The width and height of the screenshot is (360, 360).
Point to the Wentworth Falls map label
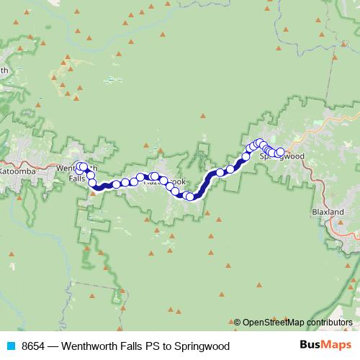[73, 173]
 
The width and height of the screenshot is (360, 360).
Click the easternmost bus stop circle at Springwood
[280, 153]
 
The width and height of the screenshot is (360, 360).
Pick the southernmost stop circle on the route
[189, 196]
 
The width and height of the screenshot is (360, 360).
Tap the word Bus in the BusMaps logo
[310, 346]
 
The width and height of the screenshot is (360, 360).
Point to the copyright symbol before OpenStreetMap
[238, 322]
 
